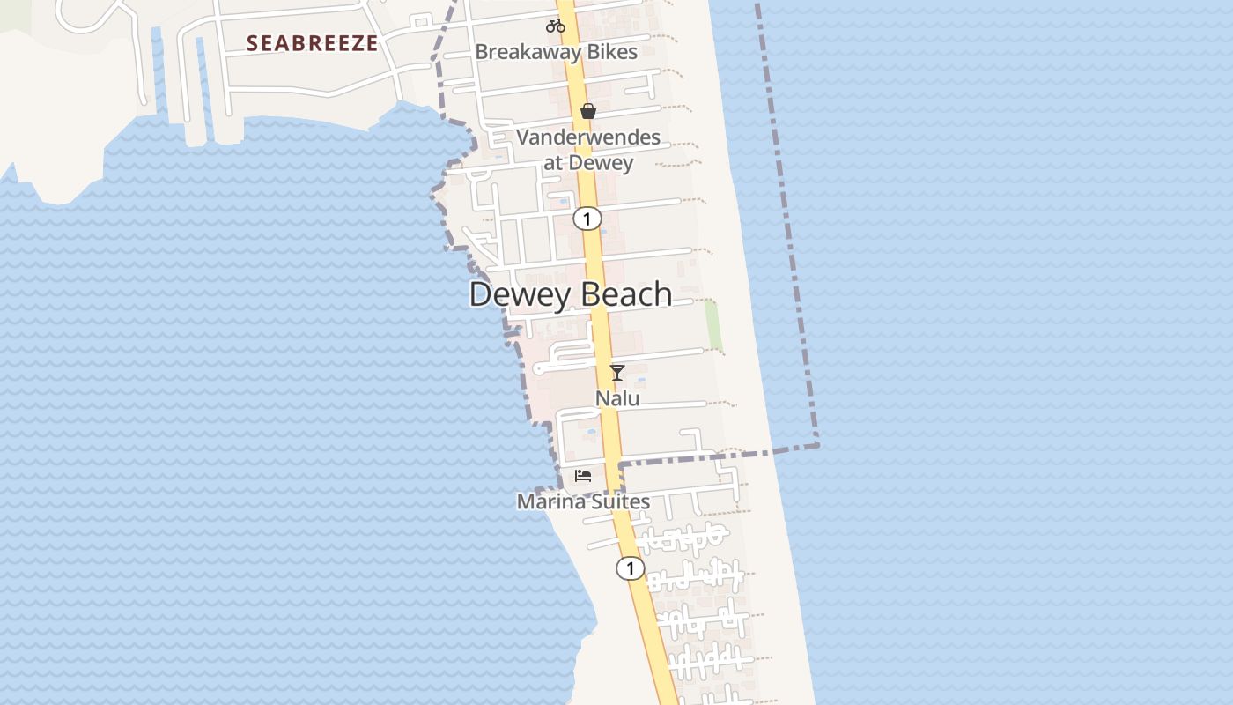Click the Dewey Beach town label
[571, 294]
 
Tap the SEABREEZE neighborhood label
[312, 43]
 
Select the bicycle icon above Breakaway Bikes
[555, 26]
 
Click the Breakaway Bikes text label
[556, 52]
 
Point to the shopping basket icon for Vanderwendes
[588, 111]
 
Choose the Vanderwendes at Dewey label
[588, 150]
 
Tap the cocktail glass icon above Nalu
[617, 373]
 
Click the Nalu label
[617, 398]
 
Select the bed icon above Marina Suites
[582, 476]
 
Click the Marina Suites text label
[583, 502]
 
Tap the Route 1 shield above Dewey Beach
[587, 219]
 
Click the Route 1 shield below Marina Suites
[630, 568]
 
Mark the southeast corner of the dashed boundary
[817, 445]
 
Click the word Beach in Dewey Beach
[624, 294]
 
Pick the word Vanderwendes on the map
[588, 137]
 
